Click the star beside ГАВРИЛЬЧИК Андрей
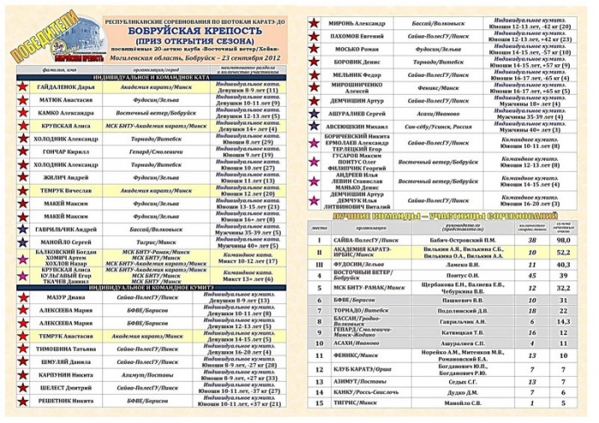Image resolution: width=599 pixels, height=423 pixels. [20, 230]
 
